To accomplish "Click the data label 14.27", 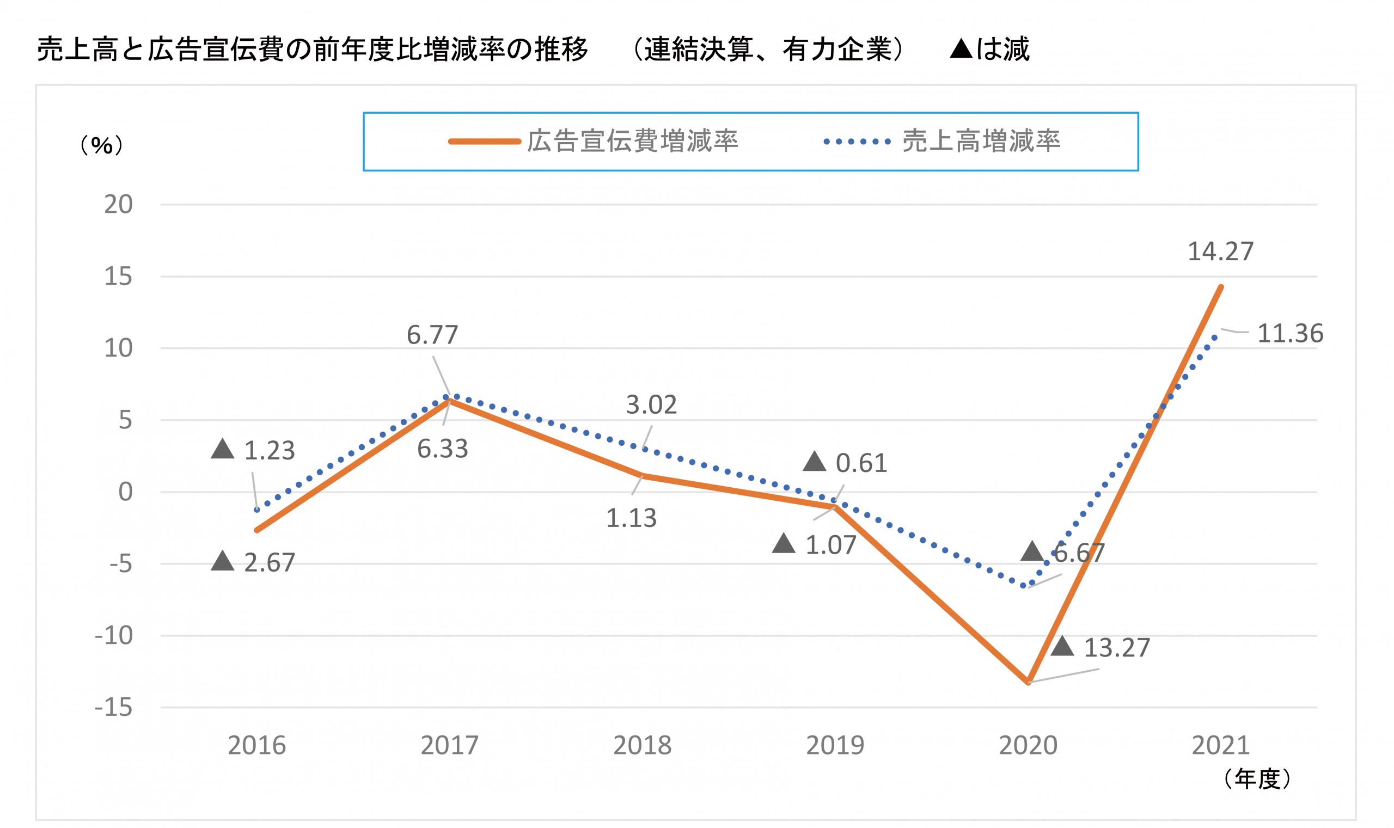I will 1220,252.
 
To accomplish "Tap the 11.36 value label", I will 1289,334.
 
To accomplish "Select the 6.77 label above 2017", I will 432,335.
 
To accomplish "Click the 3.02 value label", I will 651,405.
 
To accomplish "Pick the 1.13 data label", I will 631,518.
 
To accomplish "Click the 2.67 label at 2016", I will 268,563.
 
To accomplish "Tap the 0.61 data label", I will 860,463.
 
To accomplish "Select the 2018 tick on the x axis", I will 642,746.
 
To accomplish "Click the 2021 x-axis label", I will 1220,746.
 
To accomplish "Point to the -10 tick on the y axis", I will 114,635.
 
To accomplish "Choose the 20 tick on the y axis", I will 118,205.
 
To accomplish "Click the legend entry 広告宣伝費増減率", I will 632,141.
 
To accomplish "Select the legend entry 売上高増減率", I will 981,141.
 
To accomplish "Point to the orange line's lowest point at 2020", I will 1028,682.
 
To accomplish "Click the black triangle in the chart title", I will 961,49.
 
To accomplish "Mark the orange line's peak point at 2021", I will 1220,287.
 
